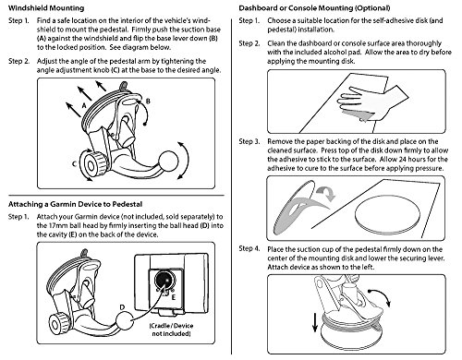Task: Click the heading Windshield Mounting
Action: [x=46, y=8]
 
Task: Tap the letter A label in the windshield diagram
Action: [x=84, y=106]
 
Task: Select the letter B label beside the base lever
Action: [x=148, y=102]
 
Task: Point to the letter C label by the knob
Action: [x=74, y=164]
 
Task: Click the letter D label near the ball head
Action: [x=122, y=307]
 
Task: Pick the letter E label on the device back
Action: [x=174, y=297]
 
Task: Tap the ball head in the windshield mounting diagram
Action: [x=168, y=161]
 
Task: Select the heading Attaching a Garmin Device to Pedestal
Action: [x=75, y=204]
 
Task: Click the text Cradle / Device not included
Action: [x=171, y=330]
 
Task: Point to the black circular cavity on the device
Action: [x=164, y=281]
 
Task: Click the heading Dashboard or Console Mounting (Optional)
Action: [x=314, y=8]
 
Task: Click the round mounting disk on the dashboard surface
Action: [x=387, y=214]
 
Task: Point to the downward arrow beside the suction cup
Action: [x=315, y=322]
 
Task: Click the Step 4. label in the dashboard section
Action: [x=249, y=248]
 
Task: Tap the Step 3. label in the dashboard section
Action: [x=249, y=141]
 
